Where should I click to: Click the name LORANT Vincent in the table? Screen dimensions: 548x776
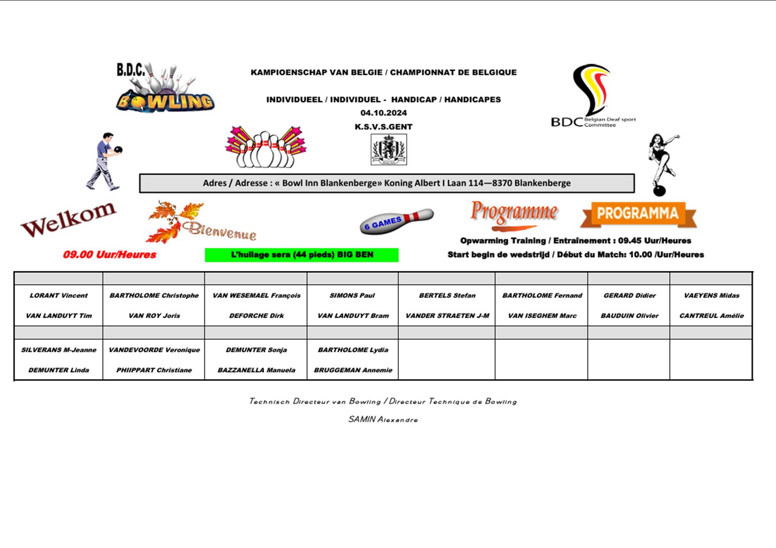(58, 296)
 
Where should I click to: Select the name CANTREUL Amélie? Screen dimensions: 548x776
(711, 316)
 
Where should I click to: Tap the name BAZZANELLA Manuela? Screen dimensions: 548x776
(256, 370)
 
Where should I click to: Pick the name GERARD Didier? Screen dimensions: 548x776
(630, 296)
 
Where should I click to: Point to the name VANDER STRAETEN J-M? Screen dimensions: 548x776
(447, 316)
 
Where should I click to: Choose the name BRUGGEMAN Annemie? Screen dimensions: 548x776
(353, 370)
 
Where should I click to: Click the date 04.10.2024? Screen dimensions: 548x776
(384, 113)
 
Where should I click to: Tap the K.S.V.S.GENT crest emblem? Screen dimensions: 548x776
(388, 150)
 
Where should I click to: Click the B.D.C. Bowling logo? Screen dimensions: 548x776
(165, 88)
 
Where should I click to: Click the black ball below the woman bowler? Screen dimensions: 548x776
(659, 191)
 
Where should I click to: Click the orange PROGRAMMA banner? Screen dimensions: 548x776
(638, 214)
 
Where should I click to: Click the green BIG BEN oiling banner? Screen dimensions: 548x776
(302, 255)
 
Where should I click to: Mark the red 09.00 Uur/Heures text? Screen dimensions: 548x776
(109, 255)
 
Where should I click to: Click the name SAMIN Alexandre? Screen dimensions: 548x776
(383, 419)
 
